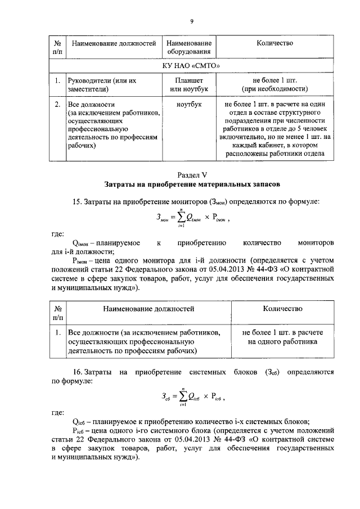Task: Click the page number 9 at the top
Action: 191,21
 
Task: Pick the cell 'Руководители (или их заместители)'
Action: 101,85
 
